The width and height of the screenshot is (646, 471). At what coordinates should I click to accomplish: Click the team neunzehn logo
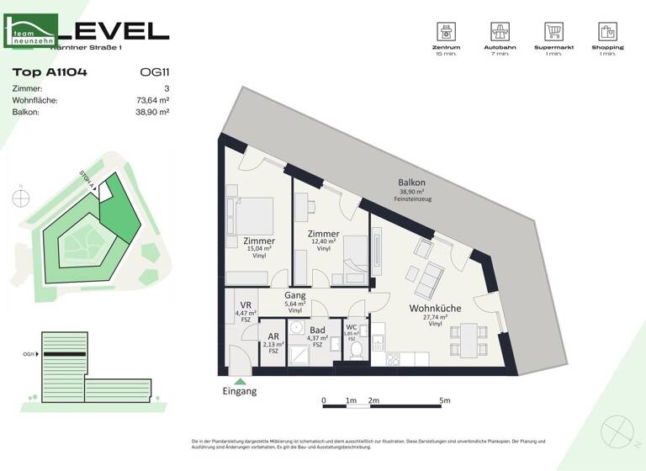point(31,31)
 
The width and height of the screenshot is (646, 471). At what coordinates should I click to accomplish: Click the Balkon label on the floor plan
point(411,183)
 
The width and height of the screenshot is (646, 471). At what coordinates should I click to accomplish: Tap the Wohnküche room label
point(435,309)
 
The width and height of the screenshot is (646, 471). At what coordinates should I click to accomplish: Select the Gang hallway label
point(294,296)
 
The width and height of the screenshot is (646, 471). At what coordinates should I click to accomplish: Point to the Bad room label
point(316,331)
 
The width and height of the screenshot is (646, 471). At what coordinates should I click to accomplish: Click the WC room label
point(352,327)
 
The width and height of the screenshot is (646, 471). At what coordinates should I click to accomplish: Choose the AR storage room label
point(273,336)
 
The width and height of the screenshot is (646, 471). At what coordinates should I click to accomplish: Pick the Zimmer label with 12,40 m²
point(324,235)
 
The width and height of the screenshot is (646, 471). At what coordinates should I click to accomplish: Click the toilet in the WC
point(356,348)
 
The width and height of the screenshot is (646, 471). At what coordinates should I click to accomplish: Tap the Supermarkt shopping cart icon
point(553,32)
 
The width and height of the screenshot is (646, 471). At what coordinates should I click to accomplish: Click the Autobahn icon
point(501,32)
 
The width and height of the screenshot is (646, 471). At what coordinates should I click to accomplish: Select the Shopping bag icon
point(606,32)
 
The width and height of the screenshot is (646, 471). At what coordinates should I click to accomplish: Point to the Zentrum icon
point(447,32)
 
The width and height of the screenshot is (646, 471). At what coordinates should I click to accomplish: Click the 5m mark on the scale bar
point(447,400)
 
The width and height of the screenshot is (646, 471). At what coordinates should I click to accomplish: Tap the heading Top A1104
point(50,72)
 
